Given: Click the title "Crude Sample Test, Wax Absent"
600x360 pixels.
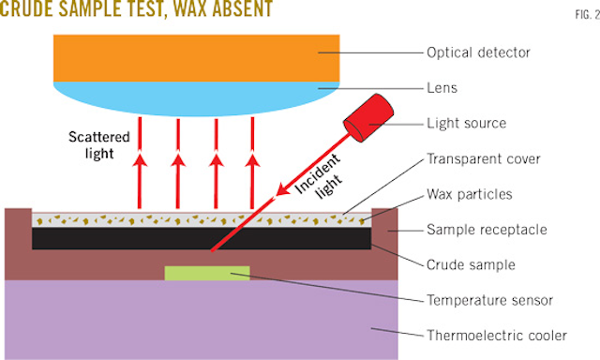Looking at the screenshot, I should pos(138,10).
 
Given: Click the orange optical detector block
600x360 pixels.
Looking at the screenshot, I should pos(197,55).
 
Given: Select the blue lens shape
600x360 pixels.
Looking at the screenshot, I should pos(197,96).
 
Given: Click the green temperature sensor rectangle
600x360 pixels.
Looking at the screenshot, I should pos(207,273).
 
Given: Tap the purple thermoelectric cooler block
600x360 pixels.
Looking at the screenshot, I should pos(197,319).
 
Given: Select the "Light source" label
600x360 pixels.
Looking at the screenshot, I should pos(465,123).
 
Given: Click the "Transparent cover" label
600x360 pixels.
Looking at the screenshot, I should pos(482,158).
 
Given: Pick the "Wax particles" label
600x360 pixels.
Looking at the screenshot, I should pos(469,194).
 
